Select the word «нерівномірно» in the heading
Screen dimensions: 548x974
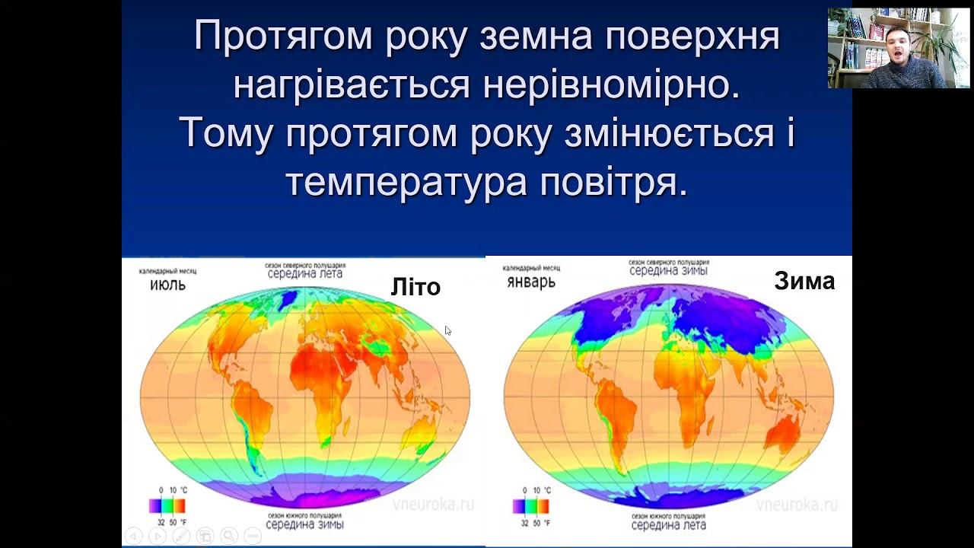point(611,85)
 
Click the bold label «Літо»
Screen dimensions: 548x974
point(415,287)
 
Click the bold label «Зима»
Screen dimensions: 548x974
point(804,282)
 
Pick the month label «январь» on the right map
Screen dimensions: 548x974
point(530,282)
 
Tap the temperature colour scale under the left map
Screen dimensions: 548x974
point(167,505)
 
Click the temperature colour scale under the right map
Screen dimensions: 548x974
point(530,505)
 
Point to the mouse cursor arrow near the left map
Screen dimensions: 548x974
point(447,330)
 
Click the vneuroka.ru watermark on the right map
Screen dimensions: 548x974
point(797,505)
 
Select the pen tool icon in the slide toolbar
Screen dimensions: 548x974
point(181,536)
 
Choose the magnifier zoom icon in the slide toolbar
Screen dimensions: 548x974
point(228,536)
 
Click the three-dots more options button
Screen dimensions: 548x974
point(252,536)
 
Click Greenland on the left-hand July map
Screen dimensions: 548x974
point(286,302)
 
